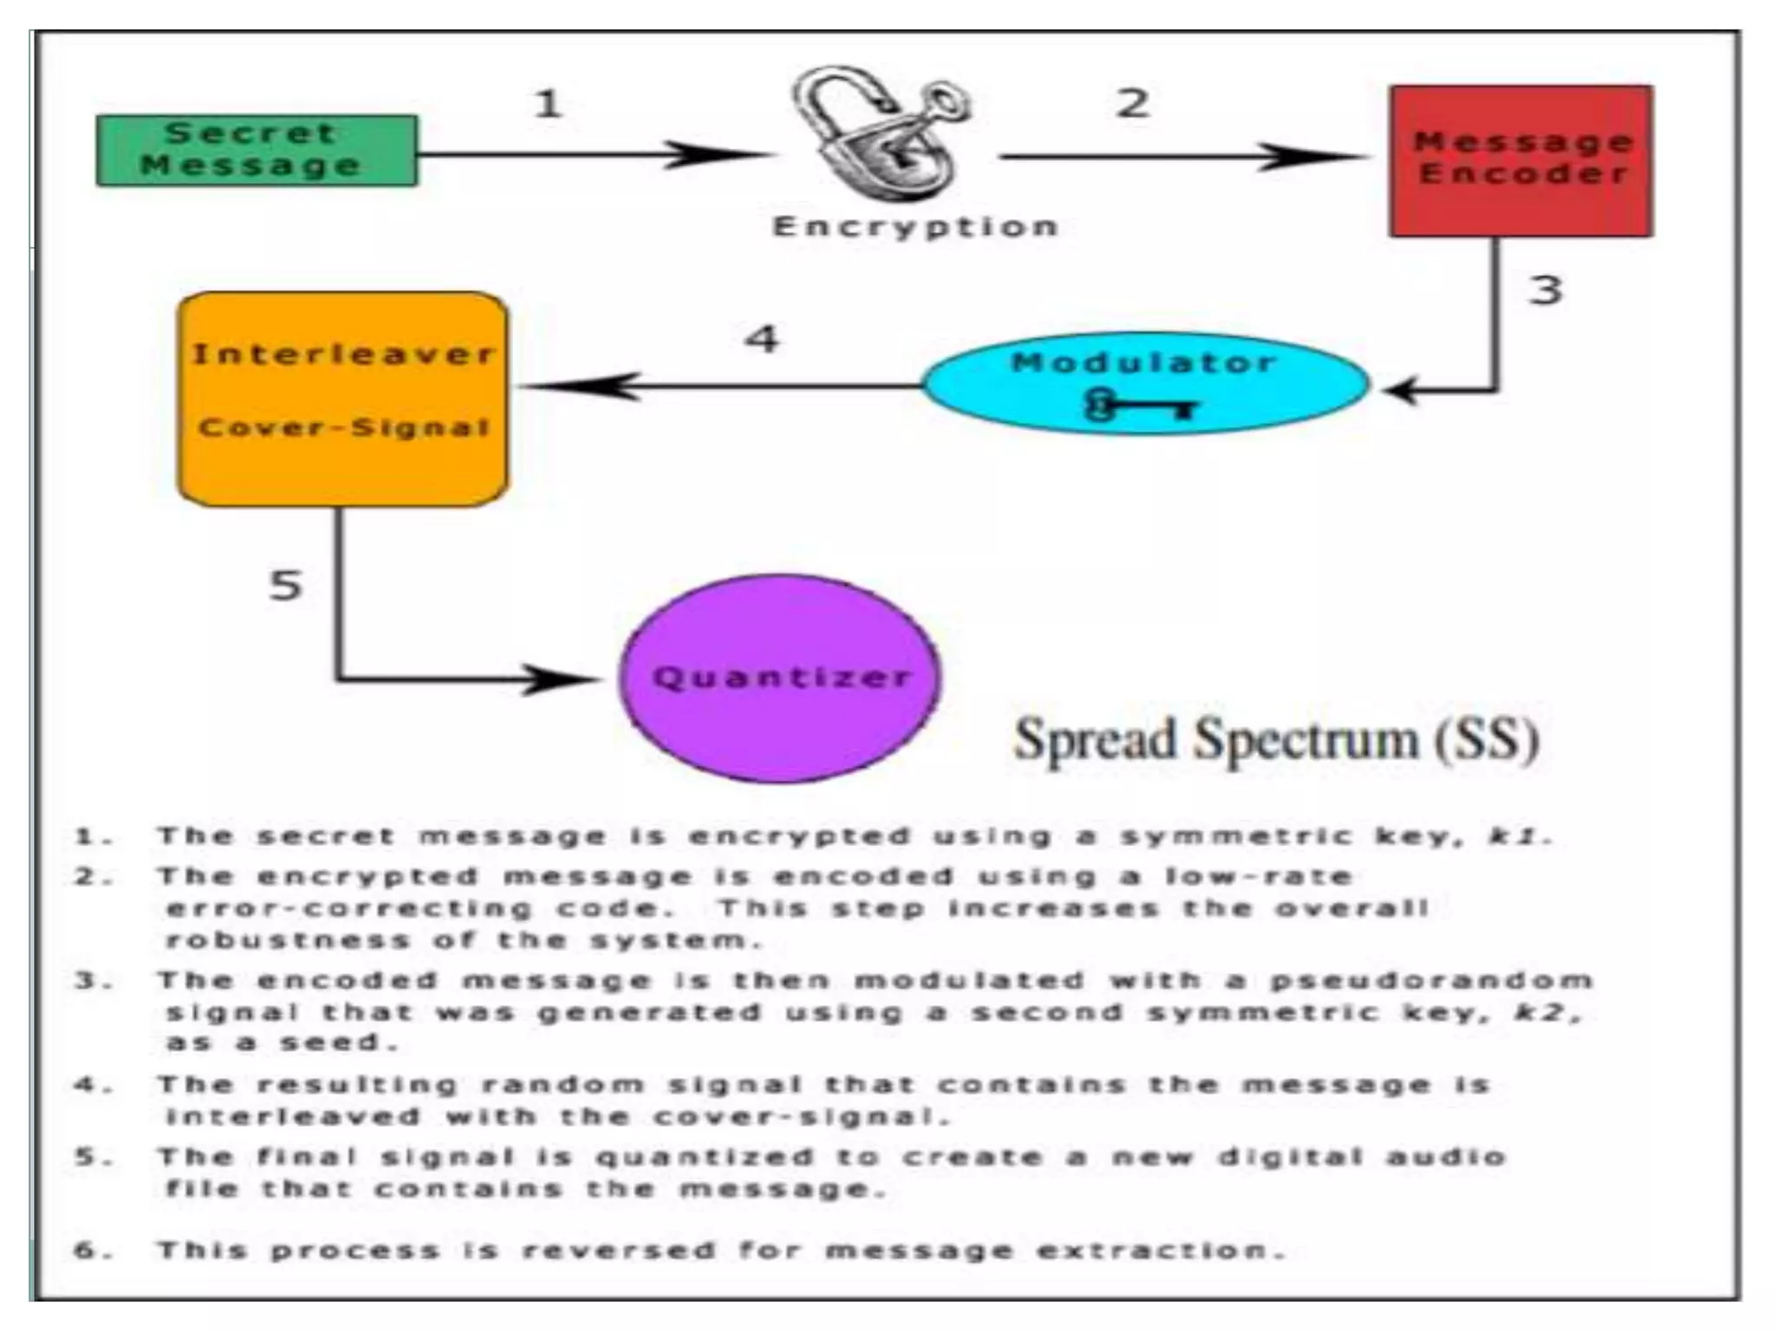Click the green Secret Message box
(257, 151)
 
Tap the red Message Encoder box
(1520, 161)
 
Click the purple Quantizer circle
(780, 678)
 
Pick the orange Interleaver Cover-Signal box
(343, 399)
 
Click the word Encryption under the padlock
(915, 227)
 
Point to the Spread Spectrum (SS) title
(1276, 740)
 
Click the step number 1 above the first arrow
(548, 104)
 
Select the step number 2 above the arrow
(1132, 104)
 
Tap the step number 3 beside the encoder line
(1544, 289)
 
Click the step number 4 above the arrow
(762, 338)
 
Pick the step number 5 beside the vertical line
(285, 586)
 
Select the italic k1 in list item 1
(1516, 836)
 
